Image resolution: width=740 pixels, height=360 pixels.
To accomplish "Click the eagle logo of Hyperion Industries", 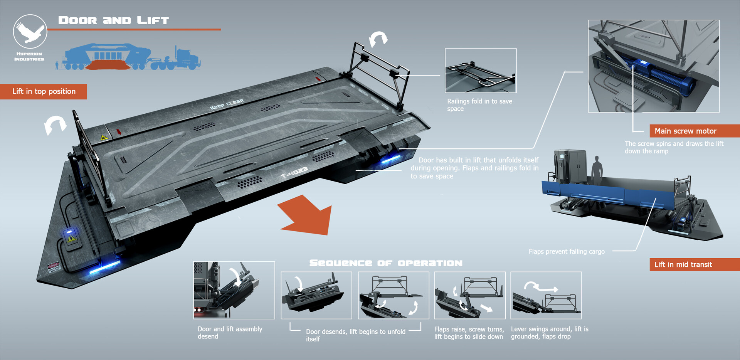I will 30,32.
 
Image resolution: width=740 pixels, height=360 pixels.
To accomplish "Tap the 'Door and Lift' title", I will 113,20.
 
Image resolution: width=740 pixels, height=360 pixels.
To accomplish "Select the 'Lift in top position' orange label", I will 44,91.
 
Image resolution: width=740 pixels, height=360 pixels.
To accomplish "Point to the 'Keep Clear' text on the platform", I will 227,104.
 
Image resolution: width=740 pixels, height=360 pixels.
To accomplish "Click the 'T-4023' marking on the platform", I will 294,173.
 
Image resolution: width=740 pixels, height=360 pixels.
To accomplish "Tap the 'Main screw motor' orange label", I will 685,131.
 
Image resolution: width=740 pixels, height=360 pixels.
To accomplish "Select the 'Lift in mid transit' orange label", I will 683,264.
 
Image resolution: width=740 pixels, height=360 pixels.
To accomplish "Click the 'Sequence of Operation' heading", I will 385,263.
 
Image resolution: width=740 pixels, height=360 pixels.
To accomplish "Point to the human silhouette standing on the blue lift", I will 597,171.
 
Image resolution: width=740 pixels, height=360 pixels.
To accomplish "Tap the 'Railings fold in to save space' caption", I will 479,105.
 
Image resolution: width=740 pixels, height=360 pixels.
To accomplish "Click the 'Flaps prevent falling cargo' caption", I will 567,252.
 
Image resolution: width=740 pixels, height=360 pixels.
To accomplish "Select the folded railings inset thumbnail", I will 481,71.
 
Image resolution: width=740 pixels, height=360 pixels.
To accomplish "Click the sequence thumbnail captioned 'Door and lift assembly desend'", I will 234,290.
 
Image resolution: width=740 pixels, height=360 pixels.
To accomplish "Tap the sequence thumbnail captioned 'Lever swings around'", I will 546,295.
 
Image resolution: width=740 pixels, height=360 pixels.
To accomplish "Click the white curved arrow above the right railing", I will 378,39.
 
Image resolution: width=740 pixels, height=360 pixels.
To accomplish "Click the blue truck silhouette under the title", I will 131,57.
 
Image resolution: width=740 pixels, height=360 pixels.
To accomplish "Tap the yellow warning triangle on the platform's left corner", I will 103,137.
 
